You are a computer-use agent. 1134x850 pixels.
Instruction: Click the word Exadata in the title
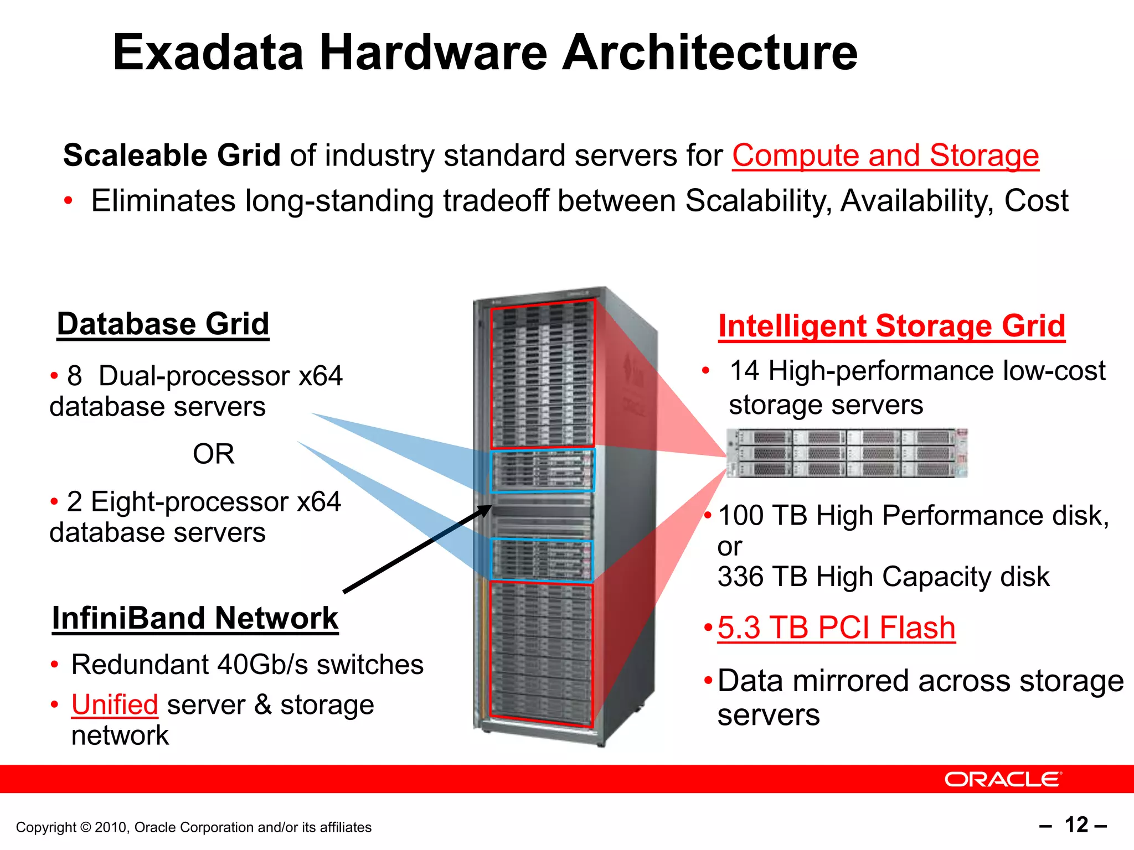[208, 53]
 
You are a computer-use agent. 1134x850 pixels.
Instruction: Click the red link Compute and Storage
[885, 156]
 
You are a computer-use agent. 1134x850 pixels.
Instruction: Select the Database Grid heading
[163, 324]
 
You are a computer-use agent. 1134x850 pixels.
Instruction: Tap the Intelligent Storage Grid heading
[891, 326]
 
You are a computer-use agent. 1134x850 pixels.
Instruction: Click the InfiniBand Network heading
[195, 618]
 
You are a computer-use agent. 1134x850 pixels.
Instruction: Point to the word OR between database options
[213, 454]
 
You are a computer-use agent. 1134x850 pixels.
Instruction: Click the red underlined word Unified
[115, 705]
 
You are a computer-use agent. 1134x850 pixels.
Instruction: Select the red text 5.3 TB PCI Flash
[836, 628]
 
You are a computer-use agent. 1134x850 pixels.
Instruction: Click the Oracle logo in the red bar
[1002, 779]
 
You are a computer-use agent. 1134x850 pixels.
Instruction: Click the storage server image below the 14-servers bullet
[847, 453]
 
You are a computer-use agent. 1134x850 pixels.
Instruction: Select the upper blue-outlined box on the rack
[542, 471]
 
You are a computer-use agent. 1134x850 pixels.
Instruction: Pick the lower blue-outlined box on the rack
[541, 560]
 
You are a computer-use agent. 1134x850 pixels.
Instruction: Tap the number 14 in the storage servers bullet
[744, 371]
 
